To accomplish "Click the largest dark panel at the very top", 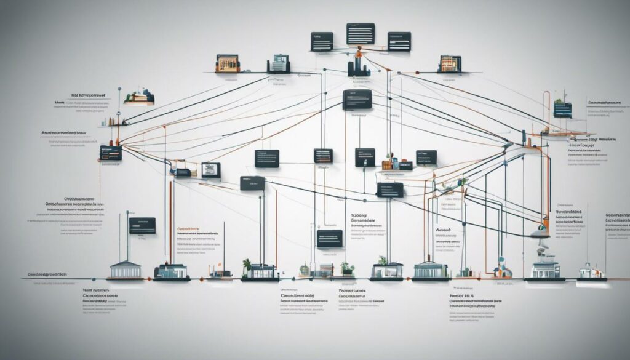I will coord(361,33).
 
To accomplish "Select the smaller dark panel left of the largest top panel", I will coord(322,41).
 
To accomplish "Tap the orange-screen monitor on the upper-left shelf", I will coord(227,63).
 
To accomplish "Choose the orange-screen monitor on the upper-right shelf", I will coord(450,63).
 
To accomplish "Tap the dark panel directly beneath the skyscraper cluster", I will coord(357,99).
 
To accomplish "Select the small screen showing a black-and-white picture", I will coord(210,170).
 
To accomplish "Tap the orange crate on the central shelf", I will coord(387,165).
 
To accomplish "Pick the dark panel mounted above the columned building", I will coord(142,225).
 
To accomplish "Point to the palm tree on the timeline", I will coord(247,265).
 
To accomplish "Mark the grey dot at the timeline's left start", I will coord(24,279).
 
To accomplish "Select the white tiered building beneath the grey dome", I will coord(545,267).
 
